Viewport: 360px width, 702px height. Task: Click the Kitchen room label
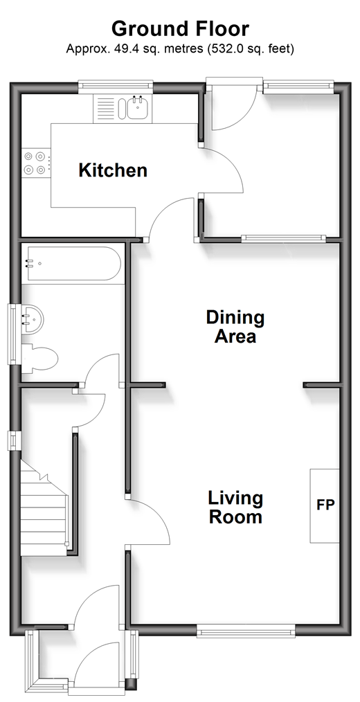(113, 170)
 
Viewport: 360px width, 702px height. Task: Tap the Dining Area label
(235, 327)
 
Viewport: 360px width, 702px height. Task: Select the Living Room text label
(235, 507)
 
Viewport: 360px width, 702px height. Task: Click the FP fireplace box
(325, 506)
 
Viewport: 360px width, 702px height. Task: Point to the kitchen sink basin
(138, 108)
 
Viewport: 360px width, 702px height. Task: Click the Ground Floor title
(180, 29)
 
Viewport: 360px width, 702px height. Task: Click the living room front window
(246, 631)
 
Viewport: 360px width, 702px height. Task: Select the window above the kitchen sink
(116, 87)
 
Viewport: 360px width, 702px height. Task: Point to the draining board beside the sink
(107, 108)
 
